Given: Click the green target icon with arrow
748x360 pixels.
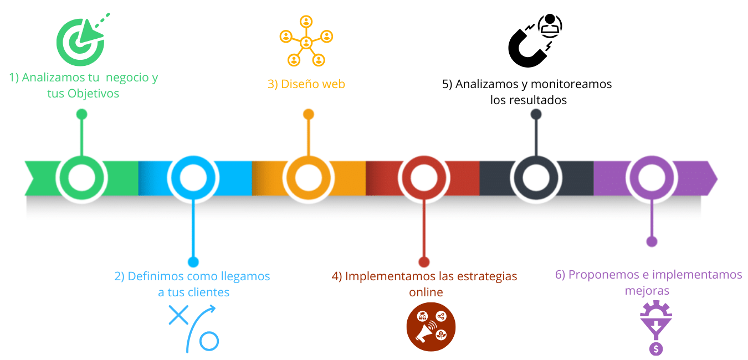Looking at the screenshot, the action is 81,40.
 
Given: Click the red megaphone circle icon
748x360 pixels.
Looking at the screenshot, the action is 431,327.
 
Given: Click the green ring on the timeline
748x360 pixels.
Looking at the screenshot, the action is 82,179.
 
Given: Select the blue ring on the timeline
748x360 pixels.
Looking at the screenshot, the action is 192,179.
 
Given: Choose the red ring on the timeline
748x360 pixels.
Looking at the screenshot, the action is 423,179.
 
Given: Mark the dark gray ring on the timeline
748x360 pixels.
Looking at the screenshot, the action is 536,179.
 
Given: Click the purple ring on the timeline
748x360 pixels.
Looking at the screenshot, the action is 652,179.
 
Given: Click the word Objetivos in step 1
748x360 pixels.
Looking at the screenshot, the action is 93,94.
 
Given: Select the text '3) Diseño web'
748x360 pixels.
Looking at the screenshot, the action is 306,84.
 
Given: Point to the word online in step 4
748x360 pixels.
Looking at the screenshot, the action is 426,292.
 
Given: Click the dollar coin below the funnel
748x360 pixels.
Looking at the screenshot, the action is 657,348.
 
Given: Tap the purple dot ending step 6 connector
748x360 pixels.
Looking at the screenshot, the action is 652,241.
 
